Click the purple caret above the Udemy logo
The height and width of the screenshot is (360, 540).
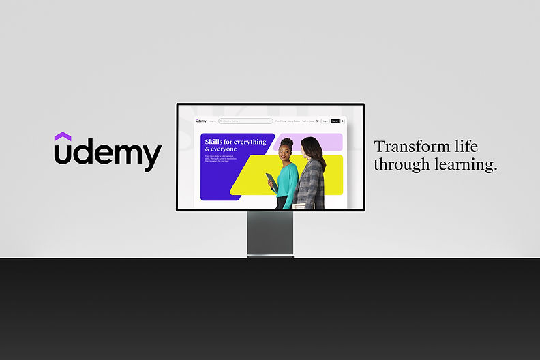click(63, 137)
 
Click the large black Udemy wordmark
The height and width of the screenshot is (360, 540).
click(108, 155)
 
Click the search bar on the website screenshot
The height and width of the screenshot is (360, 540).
click(245, 121)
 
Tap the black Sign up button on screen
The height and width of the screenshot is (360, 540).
click(335, 121)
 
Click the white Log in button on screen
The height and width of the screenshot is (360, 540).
click(325, 121)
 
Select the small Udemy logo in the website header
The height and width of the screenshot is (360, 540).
click(201, 121)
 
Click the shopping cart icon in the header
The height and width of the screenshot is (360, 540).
click(317, 121)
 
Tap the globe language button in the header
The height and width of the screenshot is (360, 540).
click(342, 121)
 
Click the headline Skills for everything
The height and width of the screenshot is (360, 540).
click(235, 142)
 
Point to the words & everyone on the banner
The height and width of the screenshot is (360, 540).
click(221, 149)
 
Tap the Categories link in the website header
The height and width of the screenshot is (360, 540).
click(213, 121)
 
